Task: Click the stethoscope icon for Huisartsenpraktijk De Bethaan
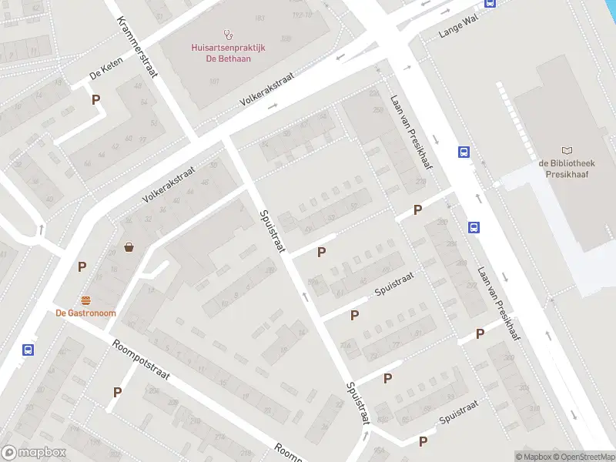pos(227,34)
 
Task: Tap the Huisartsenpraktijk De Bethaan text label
pos(228,52)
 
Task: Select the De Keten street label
pos(107,74)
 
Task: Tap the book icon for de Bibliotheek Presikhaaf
pos(567,151)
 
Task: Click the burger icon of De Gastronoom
pos(86,300)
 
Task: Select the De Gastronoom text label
pos(86,313)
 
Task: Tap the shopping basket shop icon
pos(129,247)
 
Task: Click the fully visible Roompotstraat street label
pos(140,360)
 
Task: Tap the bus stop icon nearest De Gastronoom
pos(28,350)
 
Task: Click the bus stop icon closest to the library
pos(464,152)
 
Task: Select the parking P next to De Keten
pos(96,99)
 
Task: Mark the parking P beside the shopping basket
pos(82,267)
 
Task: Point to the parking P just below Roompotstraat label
pos(117,392)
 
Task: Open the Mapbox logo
pos(34,453)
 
